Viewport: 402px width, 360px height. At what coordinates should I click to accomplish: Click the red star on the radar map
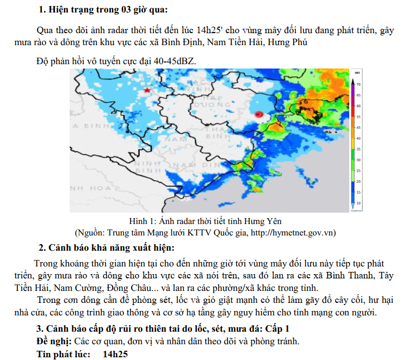147,90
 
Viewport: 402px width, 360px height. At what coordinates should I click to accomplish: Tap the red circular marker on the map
259,114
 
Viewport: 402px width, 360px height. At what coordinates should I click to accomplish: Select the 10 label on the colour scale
358,202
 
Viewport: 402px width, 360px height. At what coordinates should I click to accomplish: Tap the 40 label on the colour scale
358,138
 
